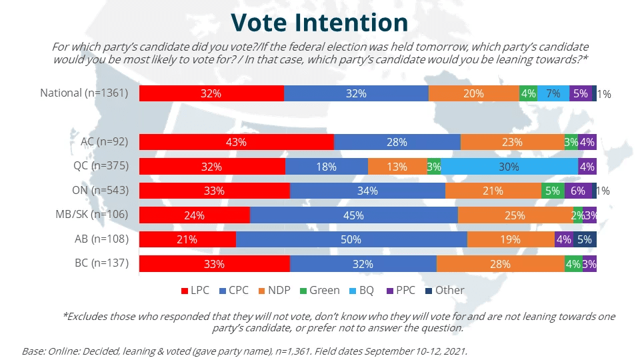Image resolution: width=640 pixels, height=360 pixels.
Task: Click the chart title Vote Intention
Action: pyautogui.click(x=319, y=22)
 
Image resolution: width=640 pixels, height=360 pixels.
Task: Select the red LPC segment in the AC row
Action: pyautogui.click(x=236, y=142)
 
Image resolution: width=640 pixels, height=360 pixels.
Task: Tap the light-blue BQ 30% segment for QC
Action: pyautogui.click(x=509, y=167)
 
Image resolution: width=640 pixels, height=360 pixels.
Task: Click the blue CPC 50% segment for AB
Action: pyautogui.click(x=351, y=239)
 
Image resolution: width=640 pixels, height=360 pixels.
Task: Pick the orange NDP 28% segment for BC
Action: pyautogui.click(x=500, y=264)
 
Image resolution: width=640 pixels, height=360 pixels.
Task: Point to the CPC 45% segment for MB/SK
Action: pyautogui.click(x=353, y=215)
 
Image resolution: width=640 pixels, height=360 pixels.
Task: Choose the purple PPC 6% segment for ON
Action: pyautogui.click(x=577, y=191)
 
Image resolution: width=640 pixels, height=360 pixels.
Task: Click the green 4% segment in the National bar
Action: pyautogui.click(x=528, y=93)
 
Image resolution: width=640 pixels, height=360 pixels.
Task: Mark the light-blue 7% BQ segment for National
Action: pyautogui.click(x=553, y=93)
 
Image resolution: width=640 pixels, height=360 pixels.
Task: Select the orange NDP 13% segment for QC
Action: pyautogui.click(x=397, y=167)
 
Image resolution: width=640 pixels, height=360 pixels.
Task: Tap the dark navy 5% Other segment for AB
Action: pyautogui.click(x=585, y=239)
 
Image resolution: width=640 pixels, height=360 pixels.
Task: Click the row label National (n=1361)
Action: pyautogui.click(x=84, y=93)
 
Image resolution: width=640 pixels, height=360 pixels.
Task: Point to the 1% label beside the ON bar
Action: pyautogui.click(x=603, y=191)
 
